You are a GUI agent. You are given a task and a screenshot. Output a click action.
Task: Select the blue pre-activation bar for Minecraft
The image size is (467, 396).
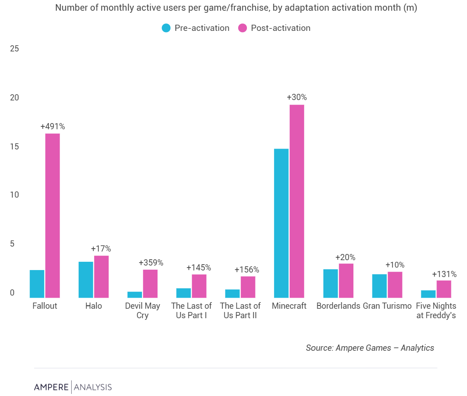(x=281, y=223)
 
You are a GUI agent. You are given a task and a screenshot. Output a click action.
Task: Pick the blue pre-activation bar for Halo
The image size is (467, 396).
(x=86, y=280)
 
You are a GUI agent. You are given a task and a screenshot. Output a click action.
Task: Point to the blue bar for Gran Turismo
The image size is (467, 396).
(x=379, y=286)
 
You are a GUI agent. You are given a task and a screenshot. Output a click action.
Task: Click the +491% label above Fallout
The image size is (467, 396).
(x=53, y=126)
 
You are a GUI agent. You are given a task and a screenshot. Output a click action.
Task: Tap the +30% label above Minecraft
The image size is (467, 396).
(x=297, y=98)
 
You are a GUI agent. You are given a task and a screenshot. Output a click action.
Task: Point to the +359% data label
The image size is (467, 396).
(x=151, y=263)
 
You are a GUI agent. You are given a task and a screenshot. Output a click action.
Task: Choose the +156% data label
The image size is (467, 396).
(x=247, y=270)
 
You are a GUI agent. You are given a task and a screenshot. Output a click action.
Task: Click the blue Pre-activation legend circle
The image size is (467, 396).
(x=166, y=28)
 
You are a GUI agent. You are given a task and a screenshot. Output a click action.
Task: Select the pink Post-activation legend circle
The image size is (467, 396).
(x=242, y=28)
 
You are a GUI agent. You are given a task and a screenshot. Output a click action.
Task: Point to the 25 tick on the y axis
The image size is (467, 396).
(x=14, y=49)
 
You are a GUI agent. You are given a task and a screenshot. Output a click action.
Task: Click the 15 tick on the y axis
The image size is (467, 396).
(x=14, y=147)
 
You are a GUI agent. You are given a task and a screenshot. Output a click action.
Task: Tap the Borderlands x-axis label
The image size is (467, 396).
(x=338, y=306)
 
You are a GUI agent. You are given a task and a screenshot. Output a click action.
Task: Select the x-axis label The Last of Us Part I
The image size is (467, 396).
(x=191, y=311)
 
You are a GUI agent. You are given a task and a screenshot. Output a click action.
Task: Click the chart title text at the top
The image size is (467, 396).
(x=236, y=8)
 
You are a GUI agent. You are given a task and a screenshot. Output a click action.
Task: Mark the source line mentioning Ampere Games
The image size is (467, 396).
(x=369, y=348)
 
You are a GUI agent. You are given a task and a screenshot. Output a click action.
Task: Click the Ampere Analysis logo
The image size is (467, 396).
(x=73, y=387)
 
